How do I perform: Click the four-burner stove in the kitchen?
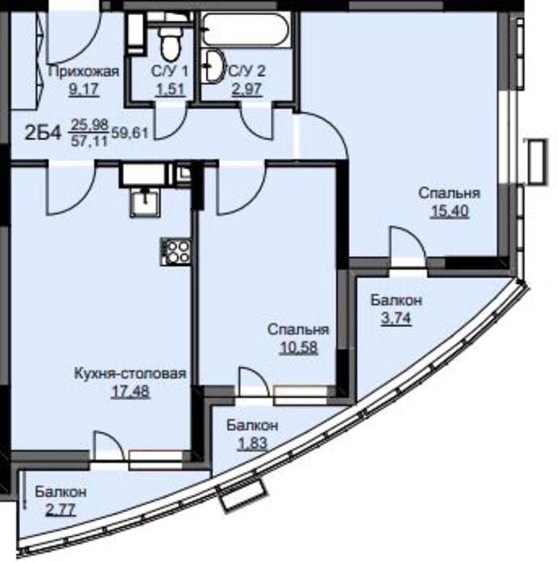tap(175, 252)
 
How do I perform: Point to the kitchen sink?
tap(145, 202)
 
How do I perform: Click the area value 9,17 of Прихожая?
tap(84, 89)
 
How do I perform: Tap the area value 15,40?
tap(450, 211)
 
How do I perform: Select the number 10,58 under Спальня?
tap(298, 347)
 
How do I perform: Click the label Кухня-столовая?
tap(130, 374)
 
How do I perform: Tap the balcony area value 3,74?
tap(396, 318)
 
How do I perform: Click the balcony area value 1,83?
tap(252, 443)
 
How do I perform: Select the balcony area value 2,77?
tap(61, 509)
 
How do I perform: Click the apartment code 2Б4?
tap(43, 133)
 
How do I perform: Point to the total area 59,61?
tap(130, 134)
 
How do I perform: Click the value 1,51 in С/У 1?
tap(170, 89)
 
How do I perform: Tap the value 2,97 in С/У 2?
tap(247, 89)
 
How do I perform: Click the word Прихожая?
tap(84, 71)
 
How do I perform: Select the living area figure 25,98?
tap(89, 125)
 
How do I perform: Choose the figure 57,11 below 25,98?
tap(89, 141)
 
